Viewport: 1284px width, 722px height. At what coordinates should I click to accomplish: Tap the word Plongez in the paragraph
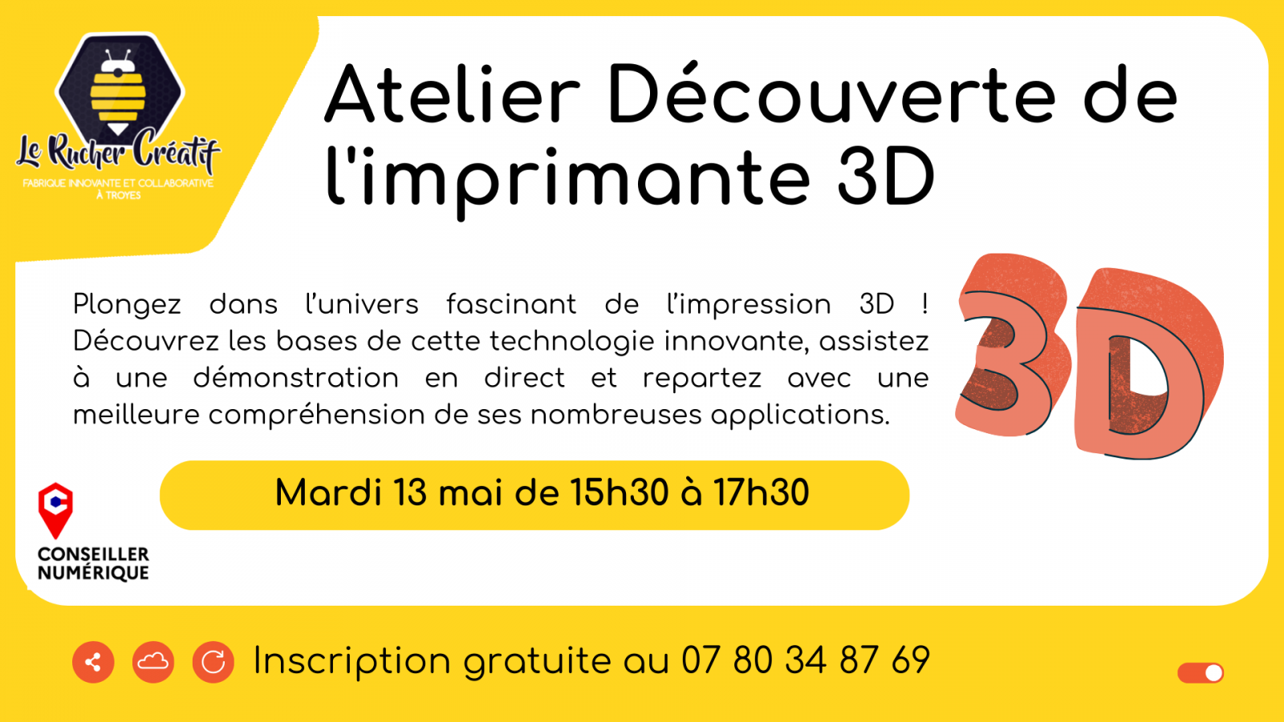[x=127, y=305]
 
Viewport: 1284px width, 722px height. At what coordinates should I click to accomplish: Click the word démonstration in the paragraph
[x=296, y=378]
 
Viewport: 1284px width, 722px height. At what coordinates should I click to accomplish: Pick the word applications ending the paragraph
[x=800, y=416]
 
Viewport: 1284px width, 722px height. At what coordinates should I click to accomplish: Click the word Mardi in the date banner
[x=328, y=493]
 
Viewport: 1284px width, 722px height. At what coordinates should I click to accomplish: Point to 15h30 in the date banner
[x=619, y=493]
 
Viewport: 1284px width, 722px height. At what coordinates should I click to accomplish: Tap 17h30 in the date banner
[x=761, y=493]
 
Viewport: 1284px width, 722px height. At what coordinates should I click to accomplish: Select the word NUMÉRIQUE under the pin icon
[x=93, y=573]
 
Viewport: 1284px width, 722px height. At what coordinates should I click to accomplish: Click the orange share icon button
[x=93, y=663]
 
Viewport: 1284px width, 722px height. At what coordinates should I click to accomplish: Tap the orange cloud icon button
[x=153, y=663]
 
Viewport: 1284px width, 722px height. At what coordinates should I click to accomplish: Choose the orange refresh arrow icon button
[x=213, y=663]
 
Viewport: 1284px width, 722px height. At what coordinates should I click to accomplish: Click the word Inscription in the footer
[x=352, y=661]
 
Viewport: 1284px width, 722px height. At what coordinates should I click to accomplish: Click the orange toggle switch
[x=1201, y=673]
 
